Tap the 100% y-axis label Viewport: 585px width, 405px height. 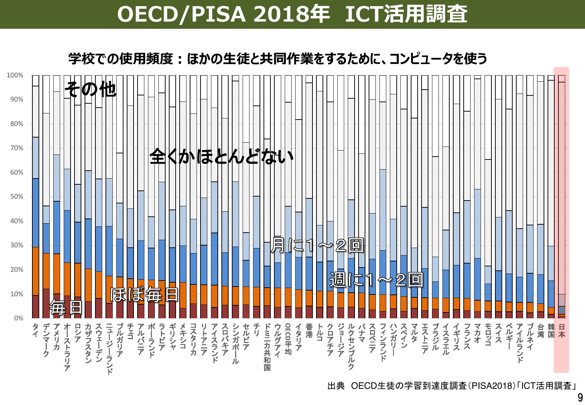pos(15,75)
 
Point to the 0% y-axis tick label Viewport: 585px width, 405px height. pos(19,318)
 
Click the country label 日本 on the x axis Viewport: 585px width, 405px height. pos(561,330)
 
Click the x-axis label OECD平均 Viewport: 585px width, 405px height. pos(288,339)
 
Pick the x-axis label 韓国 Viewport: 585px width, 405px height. pos(551,330)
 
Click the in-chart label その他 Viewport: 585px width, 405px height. pos(90,89)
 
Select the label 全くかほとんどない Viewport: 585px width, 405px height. pos(221,157)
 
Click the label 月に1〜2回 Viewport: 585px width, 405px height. pos(317,245)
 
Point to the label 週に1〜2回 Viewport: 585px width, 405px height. pos(376,280)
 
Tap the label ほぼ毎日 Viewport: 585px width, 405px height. pos(144,294)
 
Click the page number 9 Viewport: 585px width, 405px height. pos(580,397)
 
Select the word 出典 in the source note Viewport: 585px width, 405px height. pos(336,386)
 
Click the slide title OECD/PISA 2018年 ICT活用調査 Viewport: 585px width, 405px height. pos(292,14)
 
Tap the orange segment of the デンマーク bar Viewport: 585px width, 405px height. pos(46,271)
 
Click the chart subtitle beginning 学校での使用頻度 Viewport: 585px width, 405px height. pos(278,59)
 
